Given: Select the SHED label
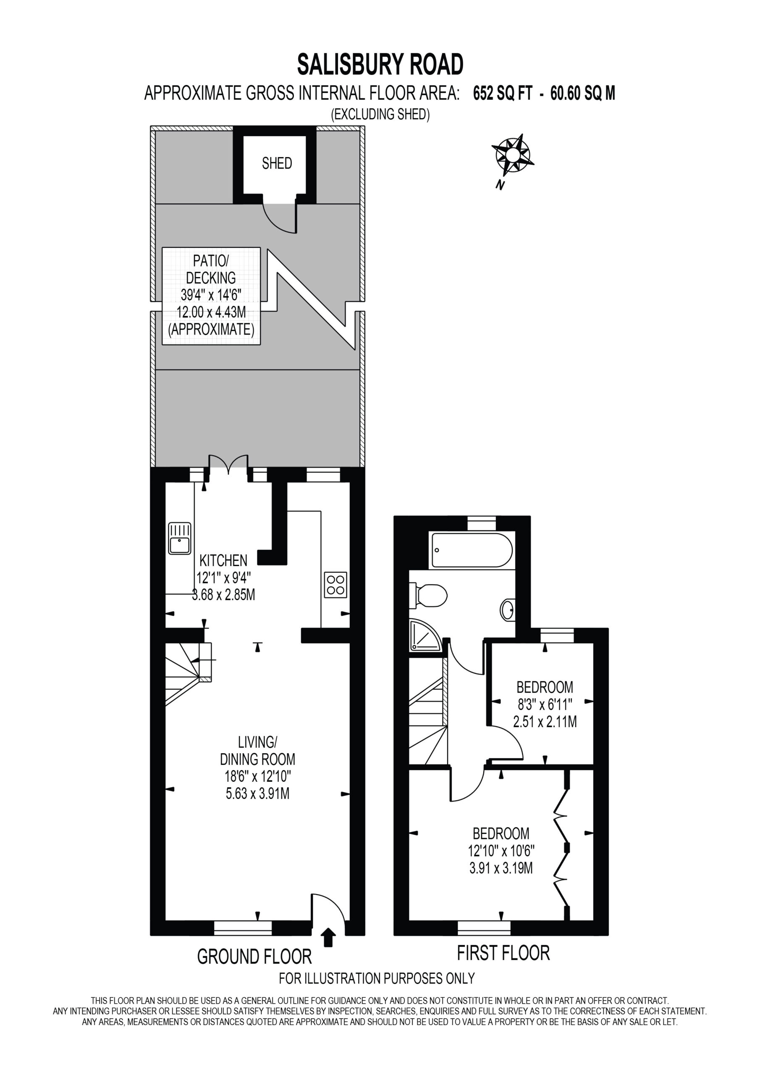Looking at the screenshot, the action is coord(277,163).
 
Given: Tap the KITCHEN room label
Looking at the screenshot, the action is coord(223,560).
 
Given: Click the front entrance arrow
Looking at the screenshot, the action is coord(329,937).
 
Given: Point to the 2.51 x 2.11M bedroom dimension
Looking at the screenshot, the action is coord(545,722).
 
